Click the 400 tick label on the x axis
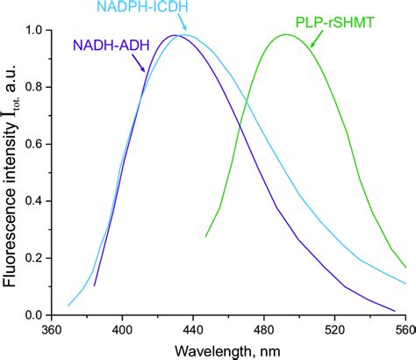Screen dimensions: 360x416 [122, 332]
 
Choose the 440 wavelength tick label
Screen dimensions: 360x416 [192, 332]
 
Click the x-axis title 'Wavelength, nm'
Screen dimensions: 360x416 [226, 350]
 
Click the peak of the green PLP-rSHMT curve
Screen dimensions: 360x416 [285, 35]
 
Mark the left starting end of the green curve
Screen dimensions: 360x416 [206, 236]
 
